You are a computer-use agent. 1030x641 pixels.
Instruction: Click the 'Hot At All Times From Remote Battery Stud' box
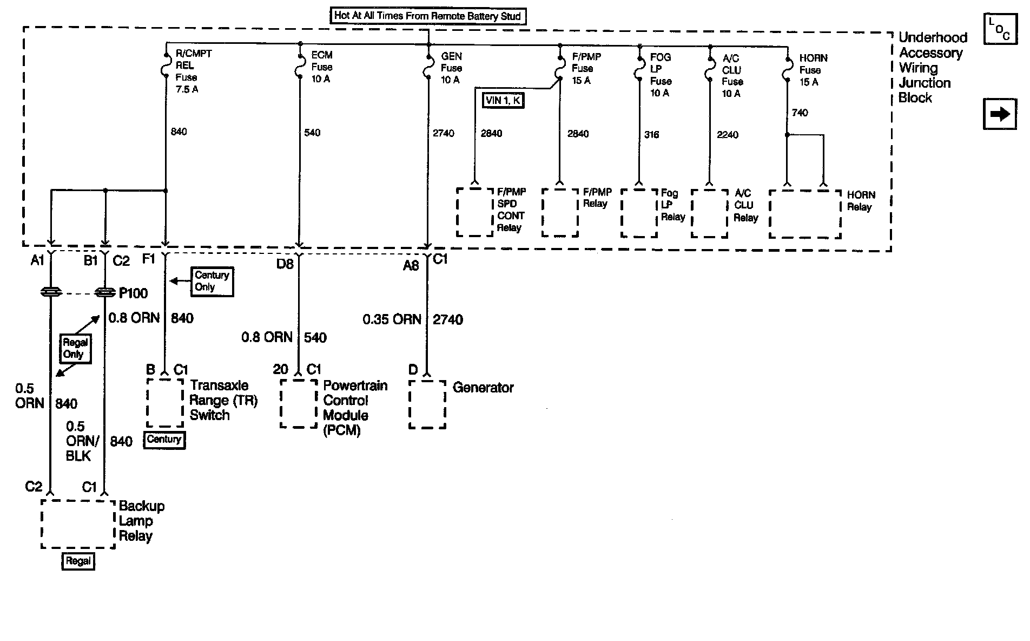[428, 16]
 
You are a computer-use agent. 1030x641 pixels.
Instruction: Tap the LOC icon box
[999, 29]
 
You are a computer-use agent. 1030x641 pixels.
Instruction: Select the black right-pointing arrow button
[1000, 114]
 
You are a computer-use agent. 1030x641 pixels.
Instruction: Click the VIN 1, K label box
[503, 100]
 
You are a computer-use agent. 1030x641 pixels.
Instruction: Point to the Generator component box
[427, 404]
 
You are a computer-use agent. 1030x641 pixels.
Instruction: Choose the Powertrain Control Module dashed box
[299, 404]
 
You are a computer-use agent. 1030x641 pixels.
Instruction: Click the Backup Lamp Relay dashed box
[78, 524]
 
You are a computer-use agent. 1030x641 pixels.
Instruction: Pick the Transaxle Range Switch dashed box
[165, 402]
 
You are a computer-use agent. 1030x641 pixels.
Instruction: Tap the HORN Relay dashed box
[805, 213]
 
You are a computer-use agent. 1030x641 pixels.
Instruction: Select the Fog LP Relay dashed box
[639, 213]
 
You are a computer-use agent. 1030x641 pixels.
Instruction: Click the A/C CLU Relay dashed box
[709, 213]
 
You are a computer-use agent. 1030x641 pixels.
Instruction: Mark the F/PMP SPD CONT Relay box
[475, 212]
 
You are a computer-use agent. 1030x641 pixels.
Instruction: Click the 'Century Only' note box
[212, 281]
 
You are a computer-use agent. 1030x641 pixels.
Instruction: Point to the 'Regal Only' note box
[75, 349]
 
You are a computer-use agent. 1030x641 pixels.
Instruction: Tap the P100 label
[133, 293]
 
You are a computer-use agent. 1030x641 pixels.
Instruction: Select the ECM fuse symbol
[299, 67]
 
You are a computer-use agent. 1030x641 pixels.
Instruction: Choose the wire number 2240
[728, 135]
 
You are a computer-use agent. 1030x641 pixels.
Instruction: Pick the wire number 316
[652, 135]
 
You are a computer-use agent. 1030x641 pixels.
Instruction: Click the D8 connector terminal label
[285, 264]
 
